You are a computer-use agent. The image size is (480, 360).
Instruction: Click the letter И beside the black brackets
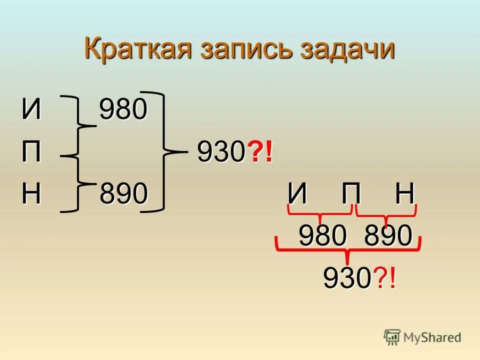coord(31,109)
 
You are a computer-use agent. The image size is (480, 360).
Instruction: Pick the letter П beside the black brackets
coord(31,152)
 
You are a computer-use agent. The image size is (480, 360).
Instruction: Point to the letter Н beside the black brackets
coord(31,194)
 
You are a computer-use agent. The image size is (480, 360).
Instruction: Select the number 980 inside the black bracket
coord(123,109)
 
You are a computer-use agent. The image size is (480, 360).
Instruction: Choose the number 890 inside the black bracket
coord(123,194)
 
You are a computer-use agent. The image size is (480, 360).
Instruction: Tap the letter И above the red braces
coord(298,194)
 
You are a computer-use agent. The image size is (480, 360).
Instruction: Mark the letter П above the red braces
coord(351,194)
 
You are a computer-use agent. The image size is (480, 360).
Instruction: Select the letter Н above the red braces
coord(405,194)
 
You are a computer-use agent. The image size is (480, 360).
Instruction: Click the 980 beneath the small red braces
coord(322,235)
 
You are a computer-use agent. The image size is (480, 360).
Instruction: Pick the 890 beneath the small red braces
coord(388,235)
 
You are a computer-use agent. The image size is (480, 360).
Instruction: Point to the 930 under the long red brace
coord(346,278)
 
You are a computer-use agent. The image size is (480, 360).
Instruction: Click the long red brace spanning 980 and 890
coord(348,249)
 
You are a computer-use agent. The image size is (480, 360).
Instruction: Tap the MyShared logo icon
coord(392,337)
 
